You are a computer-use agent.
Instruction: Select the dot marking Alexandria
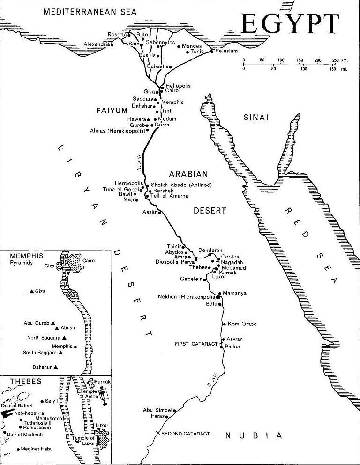click(x=112, y=44)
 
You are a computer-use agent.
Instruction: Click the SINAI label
click(x=256, y=118)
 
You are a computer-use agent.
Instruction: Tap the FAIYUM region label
click(x=112, y=111)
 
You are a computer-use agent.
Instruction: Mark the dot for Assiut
click(x=160, y=213)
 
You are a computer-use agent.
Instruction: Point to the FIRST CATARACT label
click(x=196, y=344)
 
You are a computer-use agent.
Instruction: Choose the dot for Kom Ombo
click(x=224, y=324)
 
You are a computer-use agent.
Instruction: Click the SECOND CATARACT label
click(x=185, y=434)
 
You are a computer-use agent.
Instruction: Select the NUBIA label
click(x=254, y=436)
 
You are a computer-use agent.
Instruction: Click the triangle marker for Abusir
click(x=57, y=328)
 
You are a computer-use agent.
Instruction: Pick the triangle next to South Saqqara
click(x=60, y=353)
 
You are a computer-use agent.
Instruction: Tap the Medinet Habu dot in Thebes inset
click(x=18, y=450)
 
